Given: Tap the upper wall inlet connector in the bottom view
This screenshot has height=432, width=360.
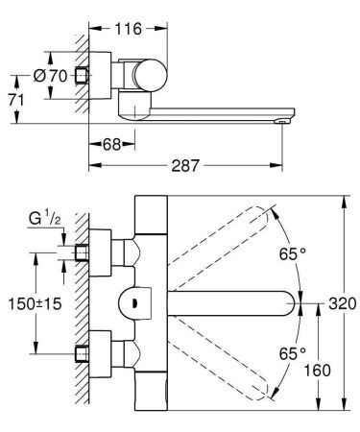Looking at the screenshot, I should point(82,252).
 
